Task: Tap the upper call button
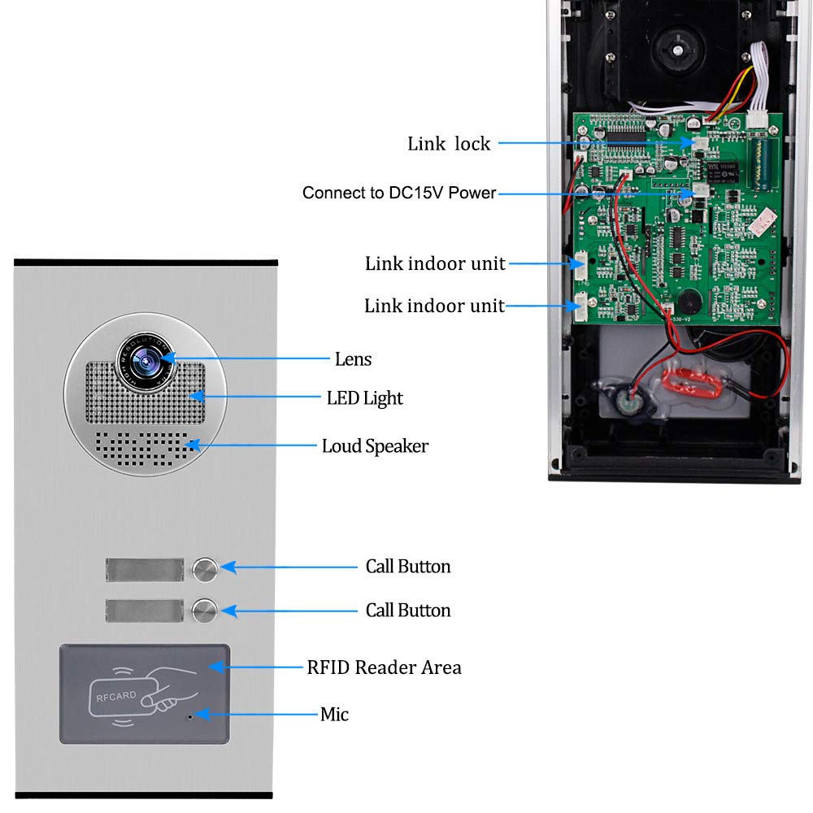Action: click(x=205, y=570)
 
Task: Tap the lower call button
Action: click(x=204, y=611)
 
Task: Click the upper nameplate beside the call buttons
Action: click(x=145, y=570)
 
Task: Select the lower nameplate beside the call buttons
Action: click(x=145, y=611)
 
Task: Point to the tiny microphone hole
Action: click(x=189, y=717)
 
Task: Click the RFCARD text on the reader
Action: click(x=116, y=697)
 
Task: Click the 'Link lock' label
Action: click(x=449, y=144)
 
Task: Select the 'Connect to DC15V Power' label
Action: click(x=399, y=193)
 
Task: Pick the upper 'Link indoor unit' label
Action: click(x=435, y=263)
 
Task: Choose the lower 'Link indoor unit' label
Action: click(x=434, y=306)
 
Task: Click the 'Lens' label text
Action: click(x=353, y=359)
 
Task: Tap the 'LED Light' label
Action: click(x=364, y=398)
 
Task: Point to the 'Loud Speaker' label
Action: click(x=376, y=446)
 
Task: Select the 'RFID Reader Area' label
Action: click(x=385, y=667)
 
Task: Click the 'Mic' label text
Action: click(x=334, y=714)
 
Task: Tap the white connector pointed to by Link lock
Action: click(x=700, y=143)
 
